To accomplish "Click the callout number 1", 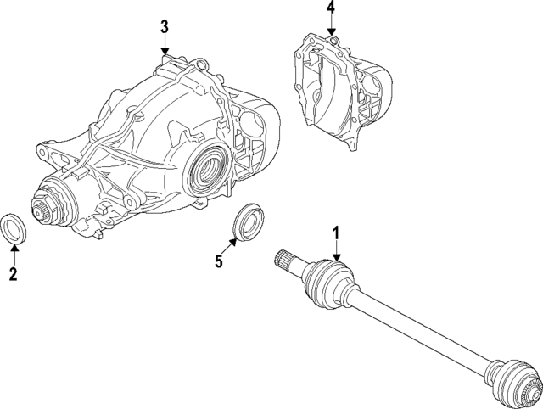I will [x=336, y=232].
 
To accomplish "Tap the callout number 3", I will [x=165, y=27].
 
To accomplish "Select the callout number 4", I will [x=331, y=9].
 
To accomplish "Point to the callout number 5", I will [x=218, y=261].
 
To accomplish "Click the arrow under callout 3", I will [x=165, y=46].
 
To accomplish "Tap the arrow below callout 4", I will [x=331, y=29].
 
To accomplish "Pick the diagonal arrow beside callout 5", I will [x=229, y=247].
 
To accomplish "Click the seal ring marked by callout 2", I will [x=14, y=228].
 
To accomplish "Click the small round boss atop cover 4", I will [x=334, y=38].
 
